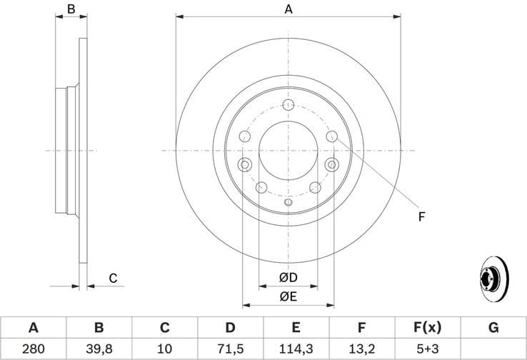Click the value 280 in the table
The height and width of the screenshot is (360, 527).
(x=33, y=349)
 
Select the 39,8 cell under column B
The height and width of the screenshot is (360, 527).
(x=99, y=349)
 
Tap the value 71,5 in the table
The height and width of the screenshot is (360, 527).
(x=230, y=349)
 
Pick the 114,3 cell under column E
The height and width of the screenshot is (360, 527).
(x=296, y=349)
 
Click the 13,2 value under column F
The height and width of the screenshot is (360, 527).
(x=361, y=349)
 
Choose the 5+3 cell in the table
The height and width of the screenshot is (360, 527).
(x=427, y=349)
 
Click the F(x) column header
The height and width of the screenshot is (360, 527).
(x=427, y=328)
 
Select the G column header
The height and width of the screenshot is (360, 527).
(x=493, y=328)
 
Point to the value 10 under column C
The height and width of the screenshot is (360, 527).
(x=164, y=349)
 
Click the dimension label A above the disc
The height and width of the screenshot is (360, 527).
(x=288, y=9)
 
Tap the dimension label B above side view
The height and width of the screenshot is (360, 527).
(x=71, y=9)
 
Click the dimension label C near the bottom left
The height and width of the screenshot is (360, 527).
(x=112, y=279)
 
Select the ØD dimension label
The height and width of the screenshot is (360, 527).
(x=288, y=277)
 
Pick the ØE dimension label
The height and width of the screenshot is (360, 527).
(x=288, y=296)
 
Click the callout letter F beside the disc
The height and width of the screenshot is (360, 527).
(x=421, y=216)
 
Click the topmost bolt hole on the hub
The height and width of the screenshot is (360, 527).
(x=288, y=106)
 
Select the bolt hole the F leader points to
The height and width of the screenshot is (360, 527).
(x=331, y=136)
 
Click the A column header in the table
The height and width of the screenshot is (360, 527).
(x=33, y=328)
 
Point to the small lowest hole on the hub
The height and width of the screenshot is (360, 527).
(x=288, y=202)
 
